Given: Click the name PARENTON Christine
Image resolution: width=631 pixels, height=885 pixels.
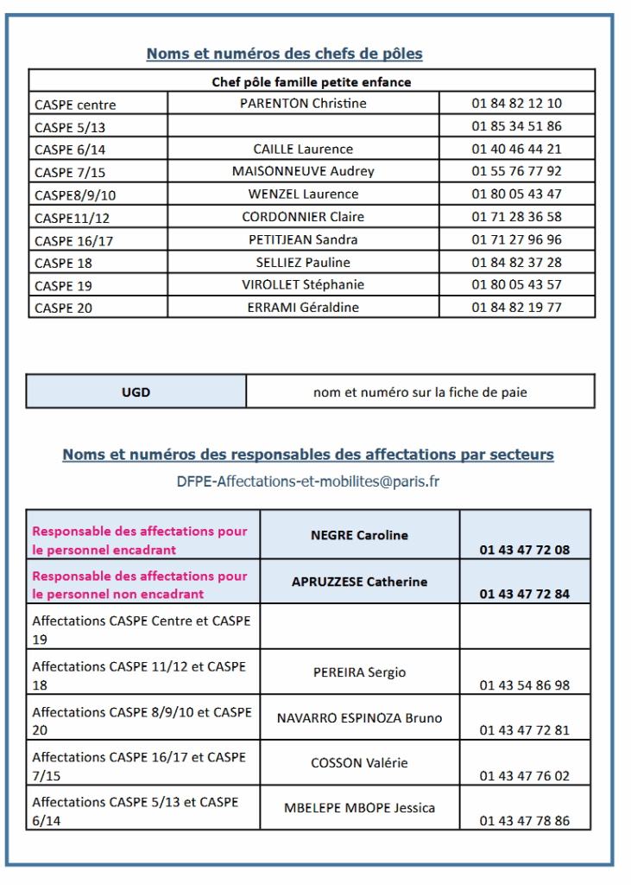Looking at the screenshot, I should coord(303,104).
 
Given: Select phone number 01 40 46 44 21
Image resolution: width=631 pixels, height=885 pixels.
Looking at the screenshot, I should coord(516,149).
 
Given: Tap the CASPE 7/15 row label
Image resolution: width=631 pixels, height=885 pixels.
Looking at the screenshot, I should coord(70,172).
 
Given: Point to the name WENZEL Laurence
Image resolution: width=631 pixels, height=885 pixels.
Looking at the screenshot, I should coord(303,194).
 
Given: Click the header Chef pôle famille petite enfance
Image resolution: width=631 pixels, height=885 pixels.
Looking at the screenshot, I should coord(312,82).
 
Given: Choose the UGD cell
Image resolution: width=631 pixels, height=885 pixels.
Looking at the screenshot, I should coord(136,392).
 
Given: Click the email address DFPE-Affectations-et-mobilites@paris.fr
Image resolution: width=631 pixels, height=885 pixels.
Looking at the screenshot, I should coord(308,481).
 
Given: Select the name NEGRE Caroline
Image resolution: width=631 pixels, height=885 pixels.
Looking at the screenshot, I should coord(359,535).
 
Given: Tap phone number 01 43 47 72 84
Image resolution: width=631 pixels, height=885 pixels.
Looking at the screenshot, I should coord(525,594).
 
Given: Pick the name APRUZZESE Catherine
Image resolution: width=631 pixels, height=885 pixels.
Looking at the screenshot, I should coord(359,582).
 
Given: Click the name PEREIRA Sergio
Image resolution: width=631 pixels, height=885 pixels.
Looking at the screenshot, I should coord(359,672).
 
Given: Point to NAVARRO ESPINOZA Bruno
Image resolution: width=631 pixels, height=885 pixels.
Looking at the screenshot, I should coord(359,718).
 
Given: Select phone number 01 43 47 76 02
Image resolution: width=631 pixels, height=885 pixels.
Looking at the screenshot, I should coord(525,775).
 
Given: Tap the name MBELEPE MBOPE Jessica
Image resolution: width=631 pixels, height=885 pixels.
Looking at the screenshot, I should coord(359,808).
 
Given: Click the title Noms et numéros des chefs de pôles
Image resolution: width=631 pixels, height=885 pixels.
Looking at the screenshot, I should coord(285,54).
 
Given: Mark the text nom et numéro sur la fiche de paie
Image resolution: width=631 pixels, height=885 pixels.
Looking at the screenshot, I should coord(420,392).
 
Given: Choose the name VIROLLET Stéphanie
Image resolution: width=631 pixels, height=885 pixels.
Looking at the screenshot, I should coord(303,284).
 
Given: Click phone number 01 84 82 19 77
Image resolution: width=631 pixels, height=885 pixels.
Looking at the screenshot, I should coord(516,307).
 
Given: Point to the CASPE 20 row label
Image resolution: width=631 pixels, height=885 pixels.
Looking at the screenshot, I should coord(63,308).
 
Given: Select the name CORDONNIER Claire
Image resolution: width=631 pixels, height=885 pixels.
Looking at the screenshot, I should coord(303,217).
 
